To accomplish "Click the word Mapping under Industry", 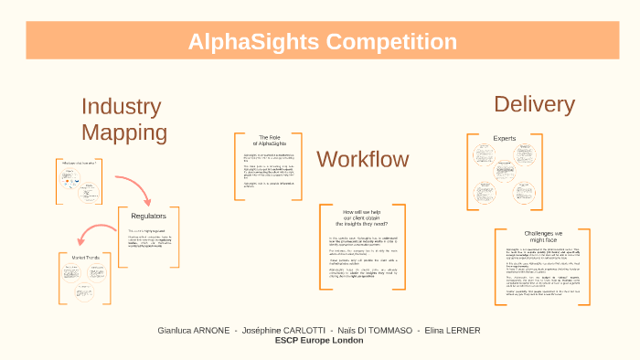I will (x=123, y=132).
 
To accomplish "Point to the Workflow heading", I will (x=362, y=159).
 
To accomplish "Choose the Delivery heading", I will (x=534, y=104).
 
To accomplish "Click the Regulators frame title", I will (x=146, y=216).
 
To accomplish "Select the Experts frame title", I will (x=505, y=139).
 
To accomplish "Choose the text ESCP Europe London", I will (x=319, y=340).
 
